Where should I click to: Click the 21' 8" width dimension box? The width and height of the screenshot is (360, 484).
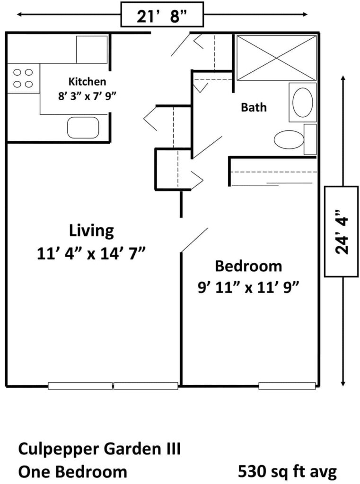(162, 15)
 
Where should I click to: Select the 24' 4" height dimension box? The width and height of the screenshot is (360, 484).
(341, 232)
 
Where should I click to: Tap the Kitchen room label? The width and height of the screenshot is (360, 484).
(87, 82)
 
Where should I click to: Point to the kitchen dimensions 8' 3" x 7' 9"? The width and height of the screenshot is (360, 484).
(87, 96)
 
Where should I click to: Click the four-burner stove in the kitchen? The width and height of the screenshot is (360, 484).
(23, 78)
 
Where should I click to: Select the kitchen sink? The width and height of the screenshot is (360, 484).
(83, 128)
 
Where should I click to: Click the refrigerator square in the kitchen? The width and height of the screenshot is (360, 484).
(92, 50)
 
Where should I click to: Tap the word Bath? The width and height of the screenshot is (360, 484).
(254, 107)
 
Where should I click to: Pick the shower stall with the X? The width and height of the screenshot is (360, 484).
(277, 58)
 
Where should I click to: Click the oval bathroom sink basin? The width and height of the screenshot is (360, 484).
(303, 103)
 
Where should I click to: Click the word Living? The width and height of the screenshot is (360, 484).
(91, 231)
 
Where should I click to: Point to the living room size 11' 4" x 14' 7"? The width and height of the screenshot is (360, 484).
(91, 254)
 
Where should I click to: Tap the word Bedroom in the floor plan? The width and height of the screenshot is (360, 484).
(248, 266)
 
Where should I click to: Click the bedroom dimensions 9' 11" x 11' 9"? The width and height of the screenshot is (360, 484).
(248, 288)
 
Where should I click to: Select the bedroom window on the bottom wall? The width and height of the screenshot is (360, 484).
(287, 386)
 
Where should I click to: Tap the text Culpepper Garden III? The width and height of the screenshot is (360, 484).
(99, 449)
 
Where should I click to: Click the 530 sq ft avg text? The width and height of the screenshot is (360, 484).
(287, 472)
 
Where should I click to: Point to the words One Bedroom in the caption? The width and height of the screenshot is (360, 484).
(73, 472)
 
